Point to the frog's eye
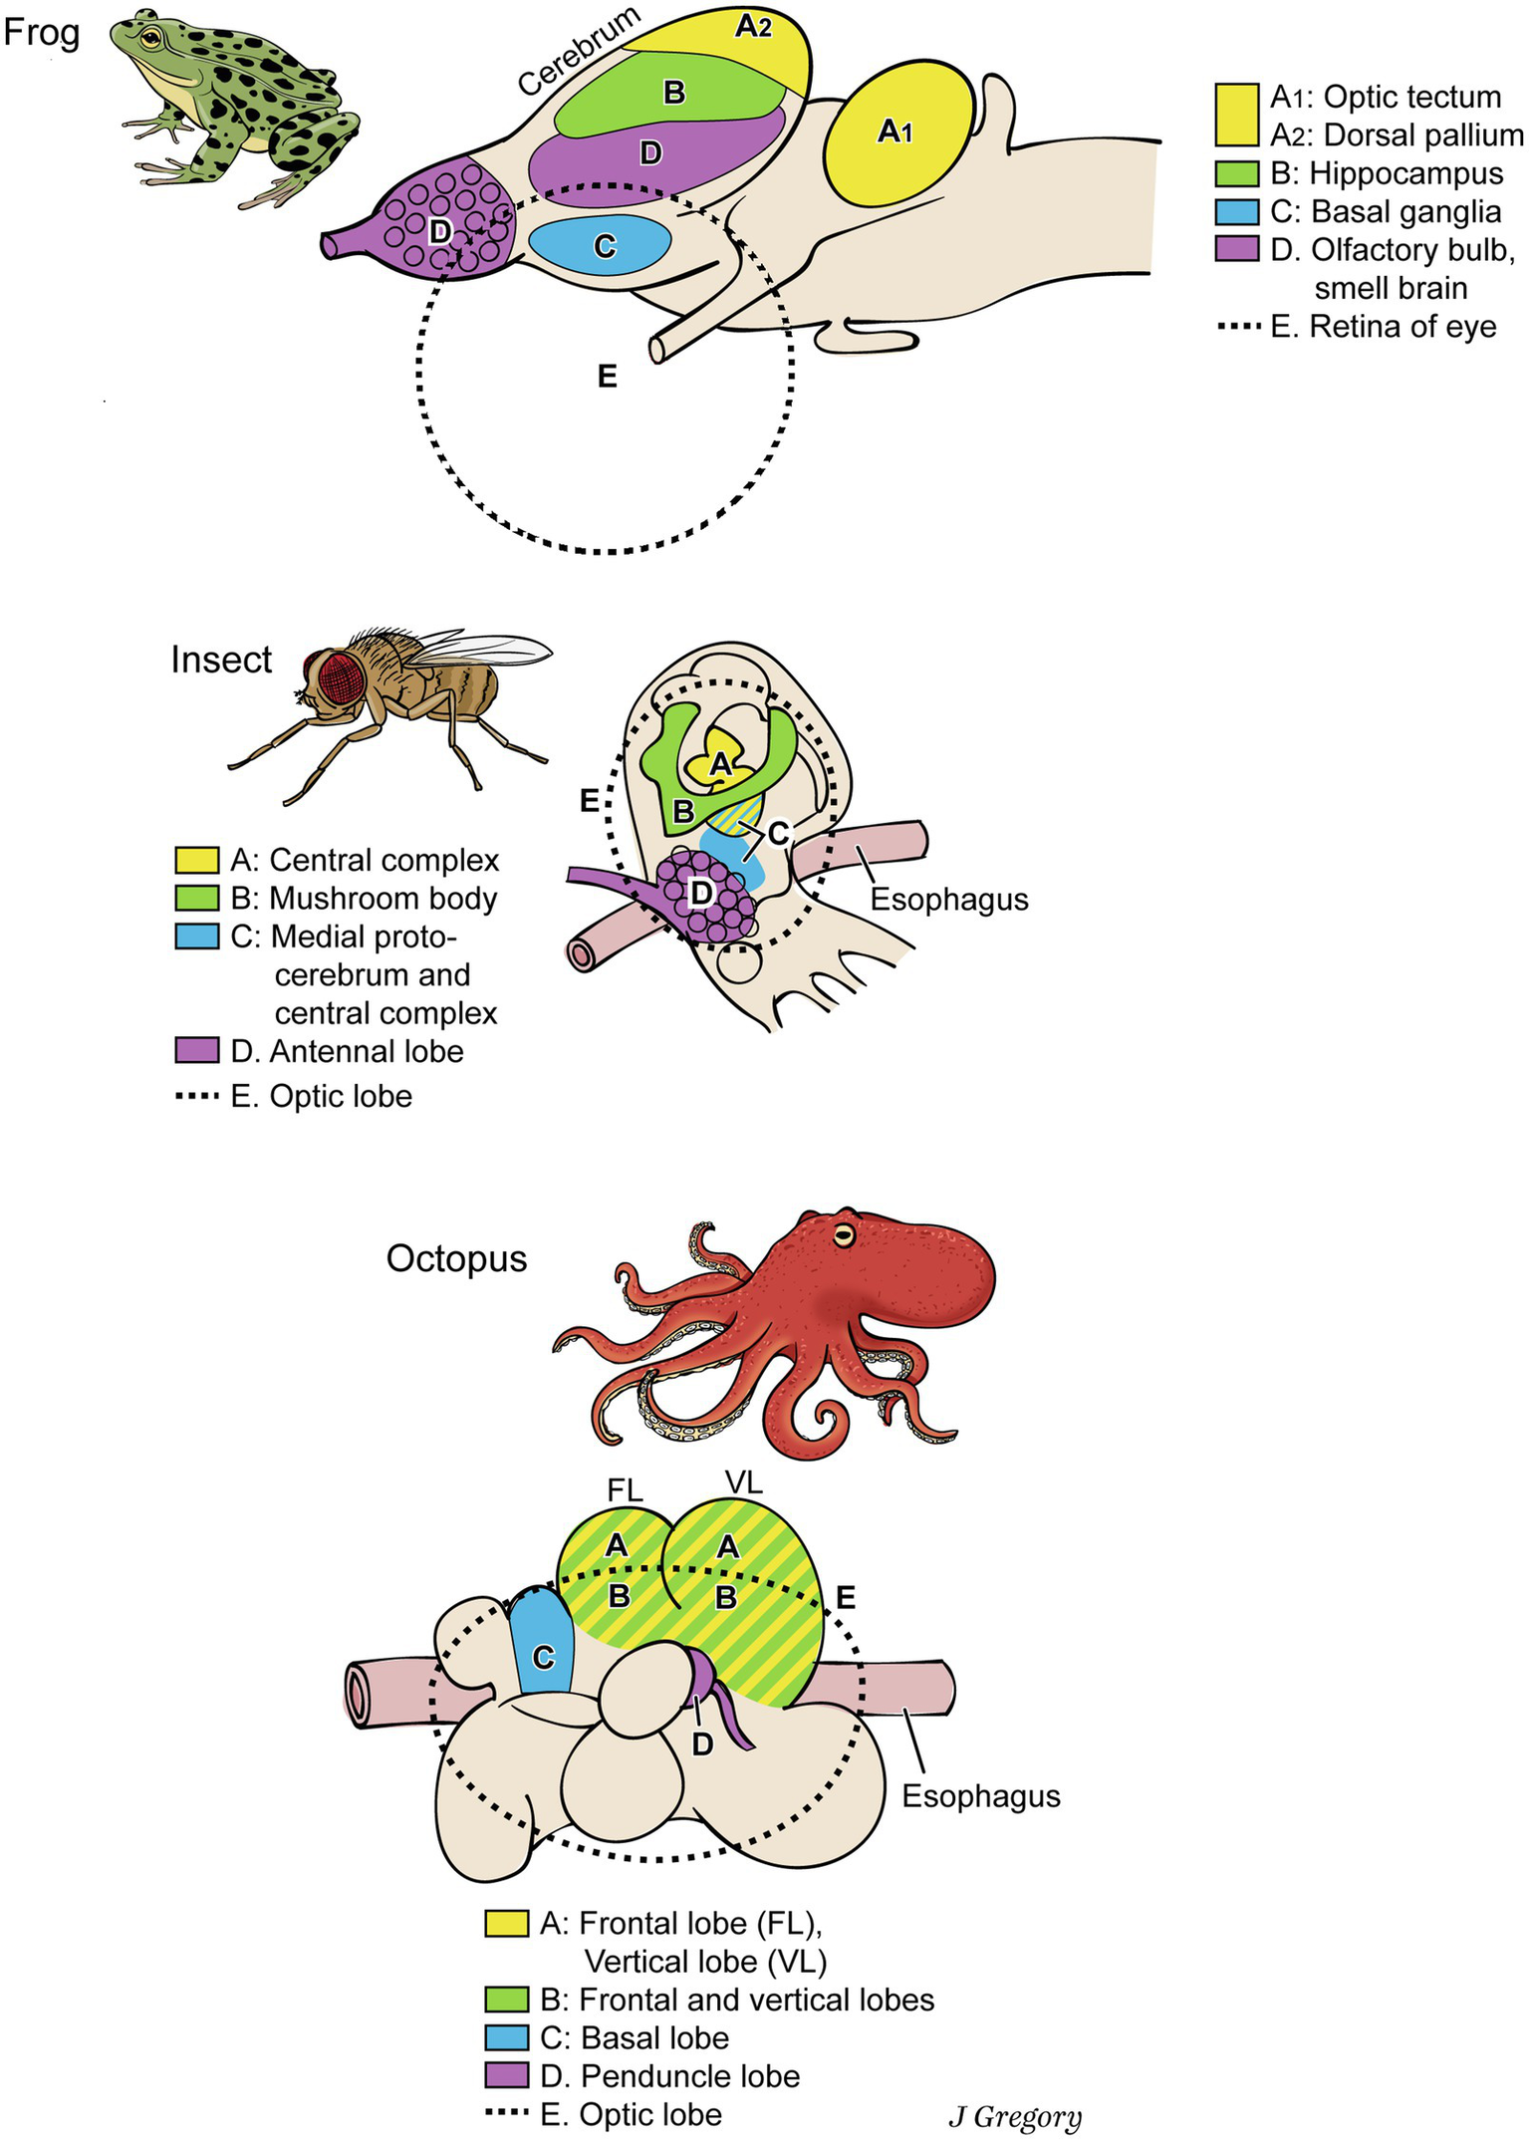click(149, 38)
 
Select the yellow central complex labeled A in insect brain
click(720, 765)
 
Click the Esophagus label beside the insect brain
click(948, 900)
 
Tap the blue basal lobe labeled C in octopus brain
click(543, 1657)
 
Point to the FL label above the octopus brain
click(625, 1490)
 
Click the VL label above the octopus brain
click(744, 1483)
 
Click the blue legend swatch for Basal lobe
click(506, 2037)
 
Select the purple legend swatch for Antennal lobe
click(197, 1051)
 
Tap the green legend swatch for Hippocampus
click(1236, 173)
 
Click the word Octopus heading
click(456, 1259)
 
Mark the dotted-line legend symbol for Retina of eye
click(1239, 327)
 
